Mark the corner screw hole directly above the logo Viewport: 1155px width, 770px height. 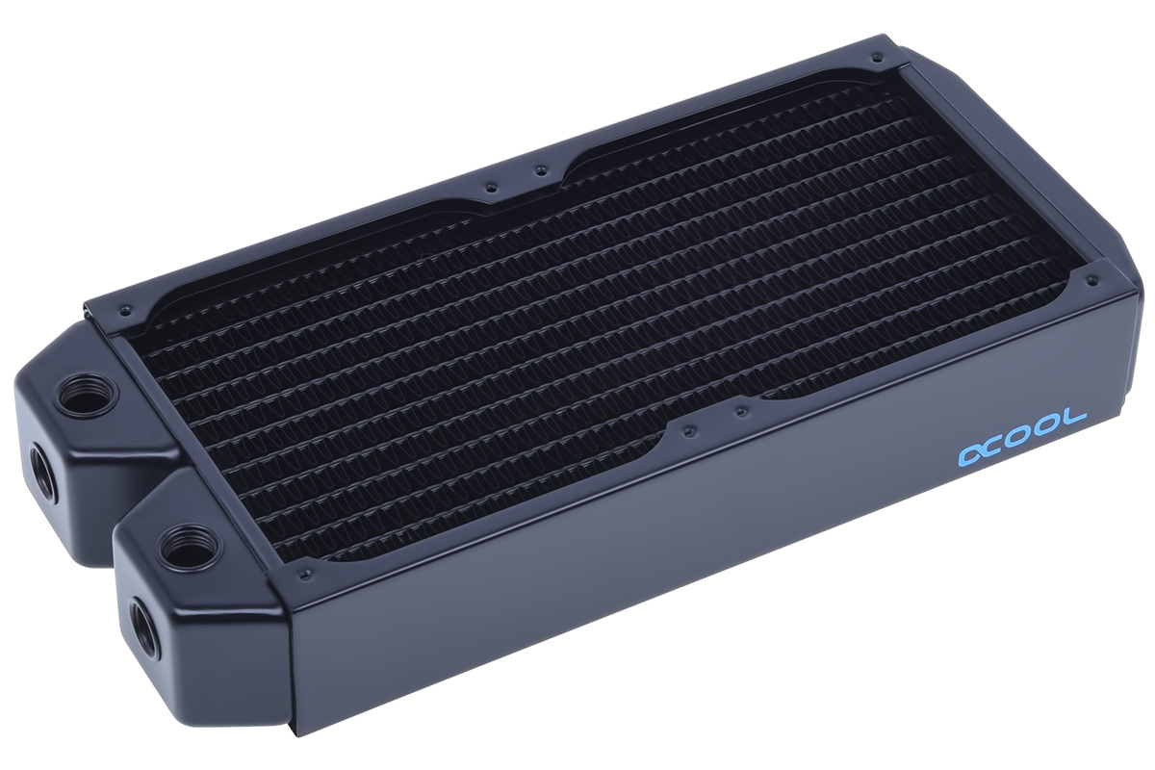[1091, 281]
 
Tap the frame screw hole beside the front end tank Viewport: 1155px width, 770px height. [306, 575]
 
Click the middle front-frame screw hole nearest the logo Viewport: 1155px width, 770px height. [740, 411]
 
